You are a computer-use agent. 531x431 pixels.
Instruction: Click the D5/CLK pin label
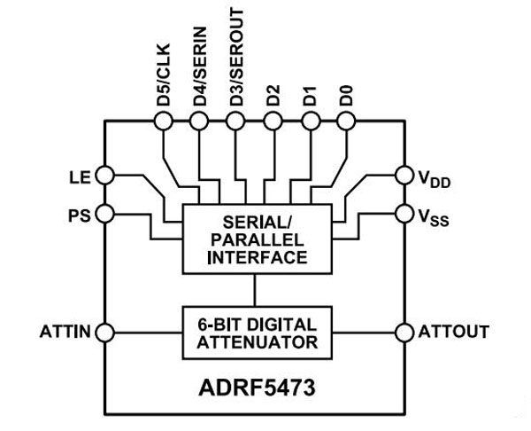[164, 82]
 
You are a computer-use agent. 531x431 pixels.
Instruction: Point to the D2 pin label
[273, 95]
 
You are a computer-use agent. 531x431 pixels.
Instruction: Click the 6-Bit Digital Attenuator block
[255, 332]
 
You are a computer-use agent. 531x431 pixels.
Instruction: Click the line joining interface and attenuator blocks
[255, 289]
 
